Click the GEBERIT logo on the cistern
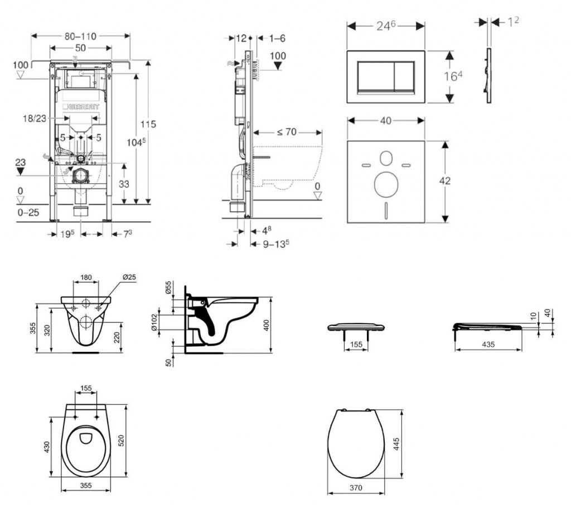tap(84, 106)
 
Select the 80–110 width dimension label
tap(80, 36)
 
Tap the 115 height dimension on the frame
tap(148, 124)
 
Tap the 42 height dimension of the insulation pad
tap(444, 181)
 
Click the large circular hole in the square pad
tap(385, 184)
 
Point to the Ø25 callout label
tap(129, 278)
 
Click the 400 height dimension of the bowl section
tap(267, 325)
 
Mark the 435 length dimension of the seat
tap(488, 345)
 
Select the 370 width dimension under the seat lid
tap(356, 488)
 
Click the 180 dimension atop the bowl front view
tap(86, 278)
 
